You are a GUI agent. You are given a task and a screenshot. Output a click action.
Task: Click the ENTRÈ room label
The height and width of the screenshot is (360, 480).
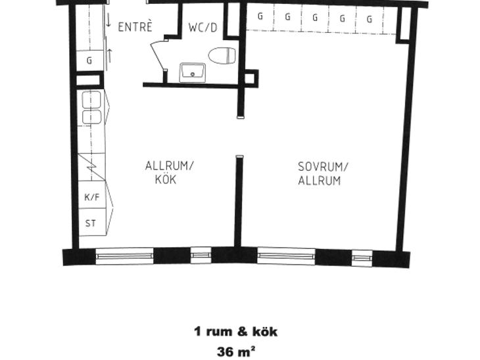click(x=135, y=27)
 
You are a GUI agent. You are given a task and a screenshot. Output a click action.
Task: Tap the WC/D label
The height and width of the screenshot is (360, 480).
click(x=203, y=28)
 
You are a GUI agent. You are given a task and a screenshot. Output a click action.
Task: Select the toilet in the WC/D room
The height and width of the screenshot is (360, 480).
click(x=222, y=56)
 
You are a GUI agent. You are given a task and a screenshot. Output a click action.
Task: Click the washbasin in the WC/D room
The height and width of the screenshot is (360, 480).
click(x=193, y=72)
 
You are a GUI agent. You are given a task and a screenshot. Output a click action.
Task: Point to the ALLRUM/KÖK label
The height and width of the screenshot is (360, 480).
click(x=170, y=173)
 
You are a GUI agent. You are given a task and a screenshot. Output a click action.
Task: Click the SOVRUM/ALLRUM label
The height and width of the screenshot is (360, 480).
click(x=323, y=173)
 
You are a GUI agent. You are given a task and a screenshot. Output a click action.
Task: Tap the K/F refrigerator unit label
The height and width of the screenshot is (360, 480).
click(x=92, y=197)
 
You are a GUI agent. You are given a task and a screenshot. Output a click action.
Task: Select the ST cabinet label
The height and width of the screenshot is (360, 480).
click(x=90, y=223)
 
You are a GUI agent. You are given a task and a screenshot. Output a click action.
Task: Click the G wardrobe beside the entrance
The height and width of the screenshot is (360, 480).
click(x=89, y=60)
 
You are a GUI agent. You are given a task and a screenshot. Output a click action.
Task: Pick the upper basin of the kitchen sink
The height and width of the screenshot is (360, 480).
click(x=91, y=99)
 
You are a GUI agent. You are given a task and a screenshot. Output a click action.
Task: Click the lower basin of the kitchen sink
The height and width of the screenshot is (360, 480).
click(x=91, y=117)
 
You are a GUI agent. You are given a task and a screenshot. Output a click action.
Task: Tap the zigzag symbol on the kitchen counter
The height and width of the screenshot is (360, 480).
click(x=91, y=167)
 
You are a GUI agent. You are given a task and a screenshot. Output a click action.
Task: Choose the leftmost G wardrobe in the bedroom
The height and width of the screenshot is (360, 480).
click(x=260, y=16)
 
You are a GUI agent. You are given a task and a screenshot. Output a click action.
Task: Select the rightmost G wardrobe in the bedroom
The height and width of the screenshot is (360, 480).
click(x=370, y=19)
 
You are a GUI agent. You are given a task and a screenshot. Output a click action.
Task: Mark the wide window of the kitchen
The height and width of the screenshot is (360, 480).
click(x=124, y=256)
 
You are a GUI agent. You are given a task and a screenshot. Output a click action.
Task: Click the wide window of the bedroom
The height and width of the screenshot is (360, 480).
click(x=286, y=256)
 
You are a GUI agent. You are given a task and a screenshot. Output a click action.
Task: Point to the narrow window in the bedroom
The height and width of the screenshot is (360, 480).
click(x=362, y=258)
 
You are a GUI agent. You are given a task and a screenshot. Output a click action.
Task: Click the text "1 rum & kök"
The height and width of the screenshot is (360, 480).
click(x=235, y=332)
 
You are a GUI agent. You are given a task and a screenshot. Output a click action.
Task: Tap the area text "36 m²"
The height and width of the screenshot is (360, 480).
click(x=236, y=351)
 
